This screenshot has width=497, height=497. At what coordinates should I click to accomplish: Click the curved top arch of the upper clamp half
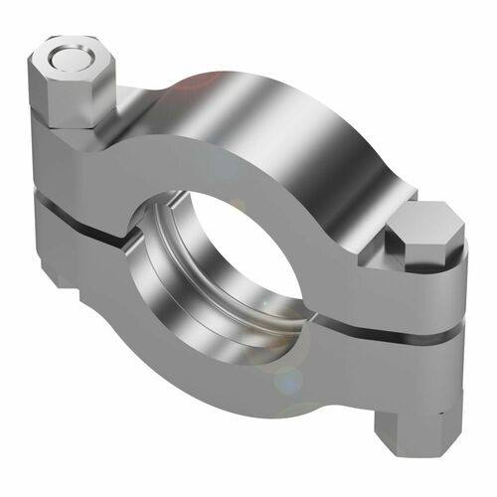click(298, 109)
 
